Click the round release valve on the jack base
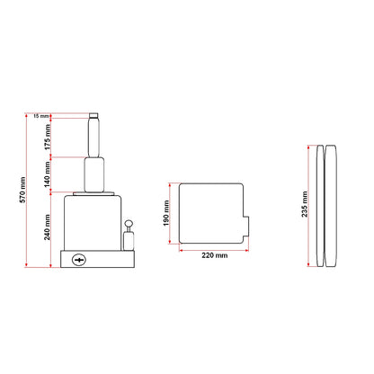[x=79, y=260]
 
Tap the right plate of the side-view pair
[x=333, y=205]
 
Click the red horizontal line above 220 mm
[x=211, y=249]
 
